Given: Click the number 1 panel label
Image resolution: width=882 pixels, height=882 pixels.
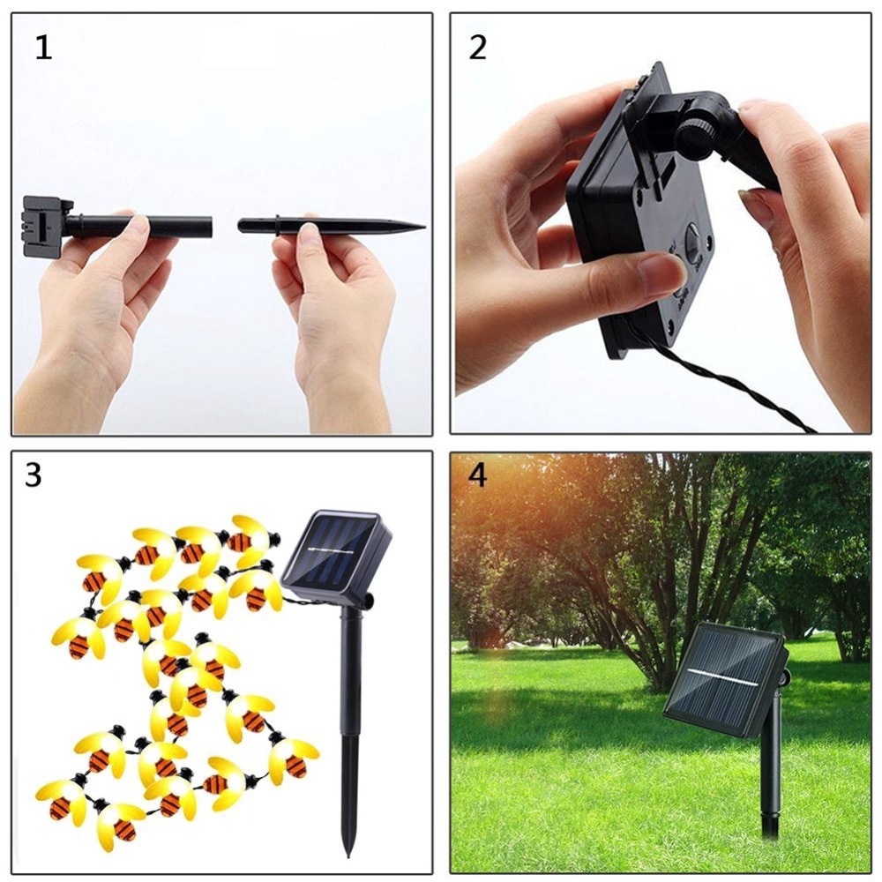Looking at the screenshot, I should (x=42, y=48).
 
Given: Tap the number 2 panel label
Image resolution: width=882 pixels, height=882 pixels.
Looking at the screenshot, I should (x=477, y=48).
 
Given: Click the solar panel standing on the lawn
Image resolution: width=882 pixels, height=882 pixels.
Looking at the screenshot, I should (x=723, y=677).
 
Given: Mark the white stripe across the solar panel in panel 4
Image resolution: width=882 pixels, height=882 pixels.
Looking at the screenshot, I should (x=723, y=678).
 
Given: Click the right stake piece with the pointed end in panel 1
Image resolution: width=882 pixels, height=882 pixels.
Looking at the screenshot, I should (x=326, y=226).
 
